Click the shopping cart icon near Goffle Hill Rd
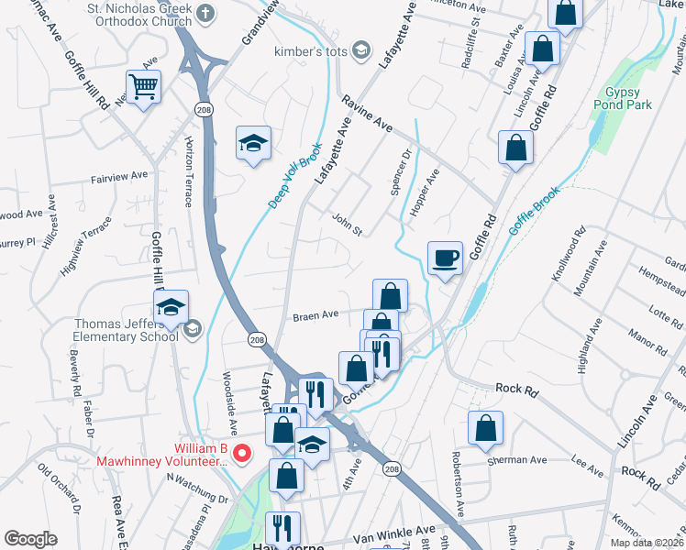point(143,87)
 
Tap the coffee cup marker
point(446,258)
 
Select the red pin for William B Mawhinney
point(242,452)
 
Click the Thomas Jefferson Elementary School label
point(126,329)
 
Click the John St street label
point(347,224)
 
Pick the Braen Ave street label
point(315,315)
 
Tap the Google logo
point(30,539)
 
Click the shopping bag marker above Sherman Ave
point(485,426)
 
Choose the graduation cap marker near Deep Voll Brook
point(253,143)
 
